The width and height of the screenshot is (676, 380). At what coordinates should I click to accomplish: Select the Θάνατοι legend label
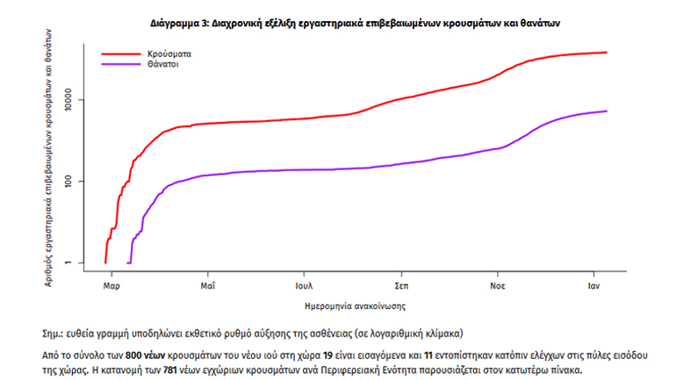[164, 65]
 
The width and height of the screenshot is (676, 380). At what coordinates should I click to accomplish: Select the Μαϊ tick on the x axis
[208, 286]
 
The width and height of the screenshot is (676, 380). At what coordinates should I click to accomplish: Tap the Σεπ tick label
[403, 286]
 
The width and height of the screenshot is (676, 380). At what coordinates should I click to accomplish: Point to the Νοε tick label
[498, 286]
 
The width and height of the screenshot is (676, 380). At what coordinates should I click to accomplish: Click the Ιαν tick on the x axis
[594, 286]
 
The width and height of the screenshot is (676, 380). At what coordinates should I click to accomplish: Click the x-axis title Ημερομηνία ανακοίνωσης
[350, 305]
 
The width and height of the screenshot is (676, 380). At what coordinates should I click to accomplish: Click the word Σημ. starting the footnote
[53, 334]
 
